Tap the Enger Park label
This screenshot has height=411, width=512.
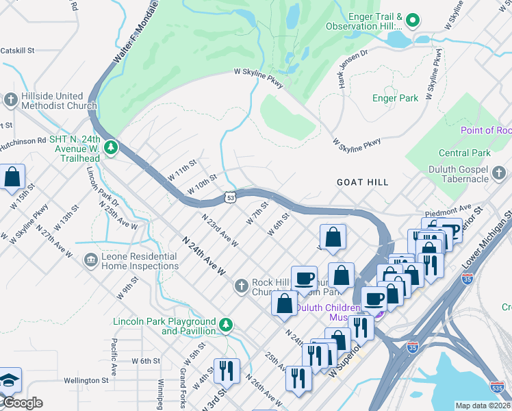pyautogui.click(x=395, y=98)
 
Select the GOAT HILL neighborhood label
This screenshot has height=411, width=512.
pyautogui.click(x=362, y=182)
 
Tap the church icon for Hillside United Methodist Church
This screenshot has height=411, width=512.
pyautogui.click(x=10, y=101)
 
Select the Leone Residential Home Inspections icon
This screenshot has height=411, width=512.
pyautogui.click(x=90, y=261)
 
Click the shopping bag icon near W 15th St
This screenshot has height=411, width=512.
pyautogui.click(x=12, y=178)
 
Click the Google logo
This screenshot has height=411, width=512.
pyautogui.click(x=22, y=403)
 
